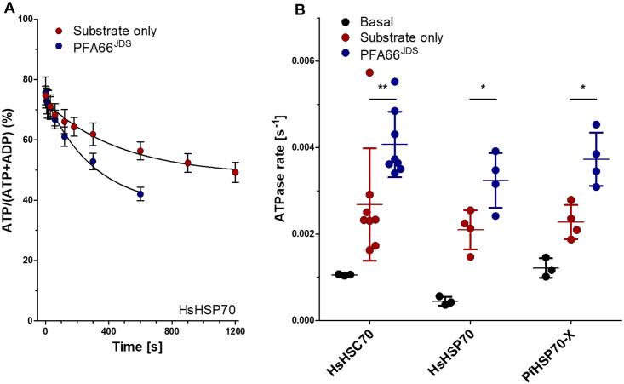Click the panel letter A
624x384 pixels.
[x=8, y=9]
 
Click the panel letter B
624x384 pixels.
[x=299, y=9]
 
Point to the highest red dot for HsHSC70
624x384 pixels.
[x=369, y=72]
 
